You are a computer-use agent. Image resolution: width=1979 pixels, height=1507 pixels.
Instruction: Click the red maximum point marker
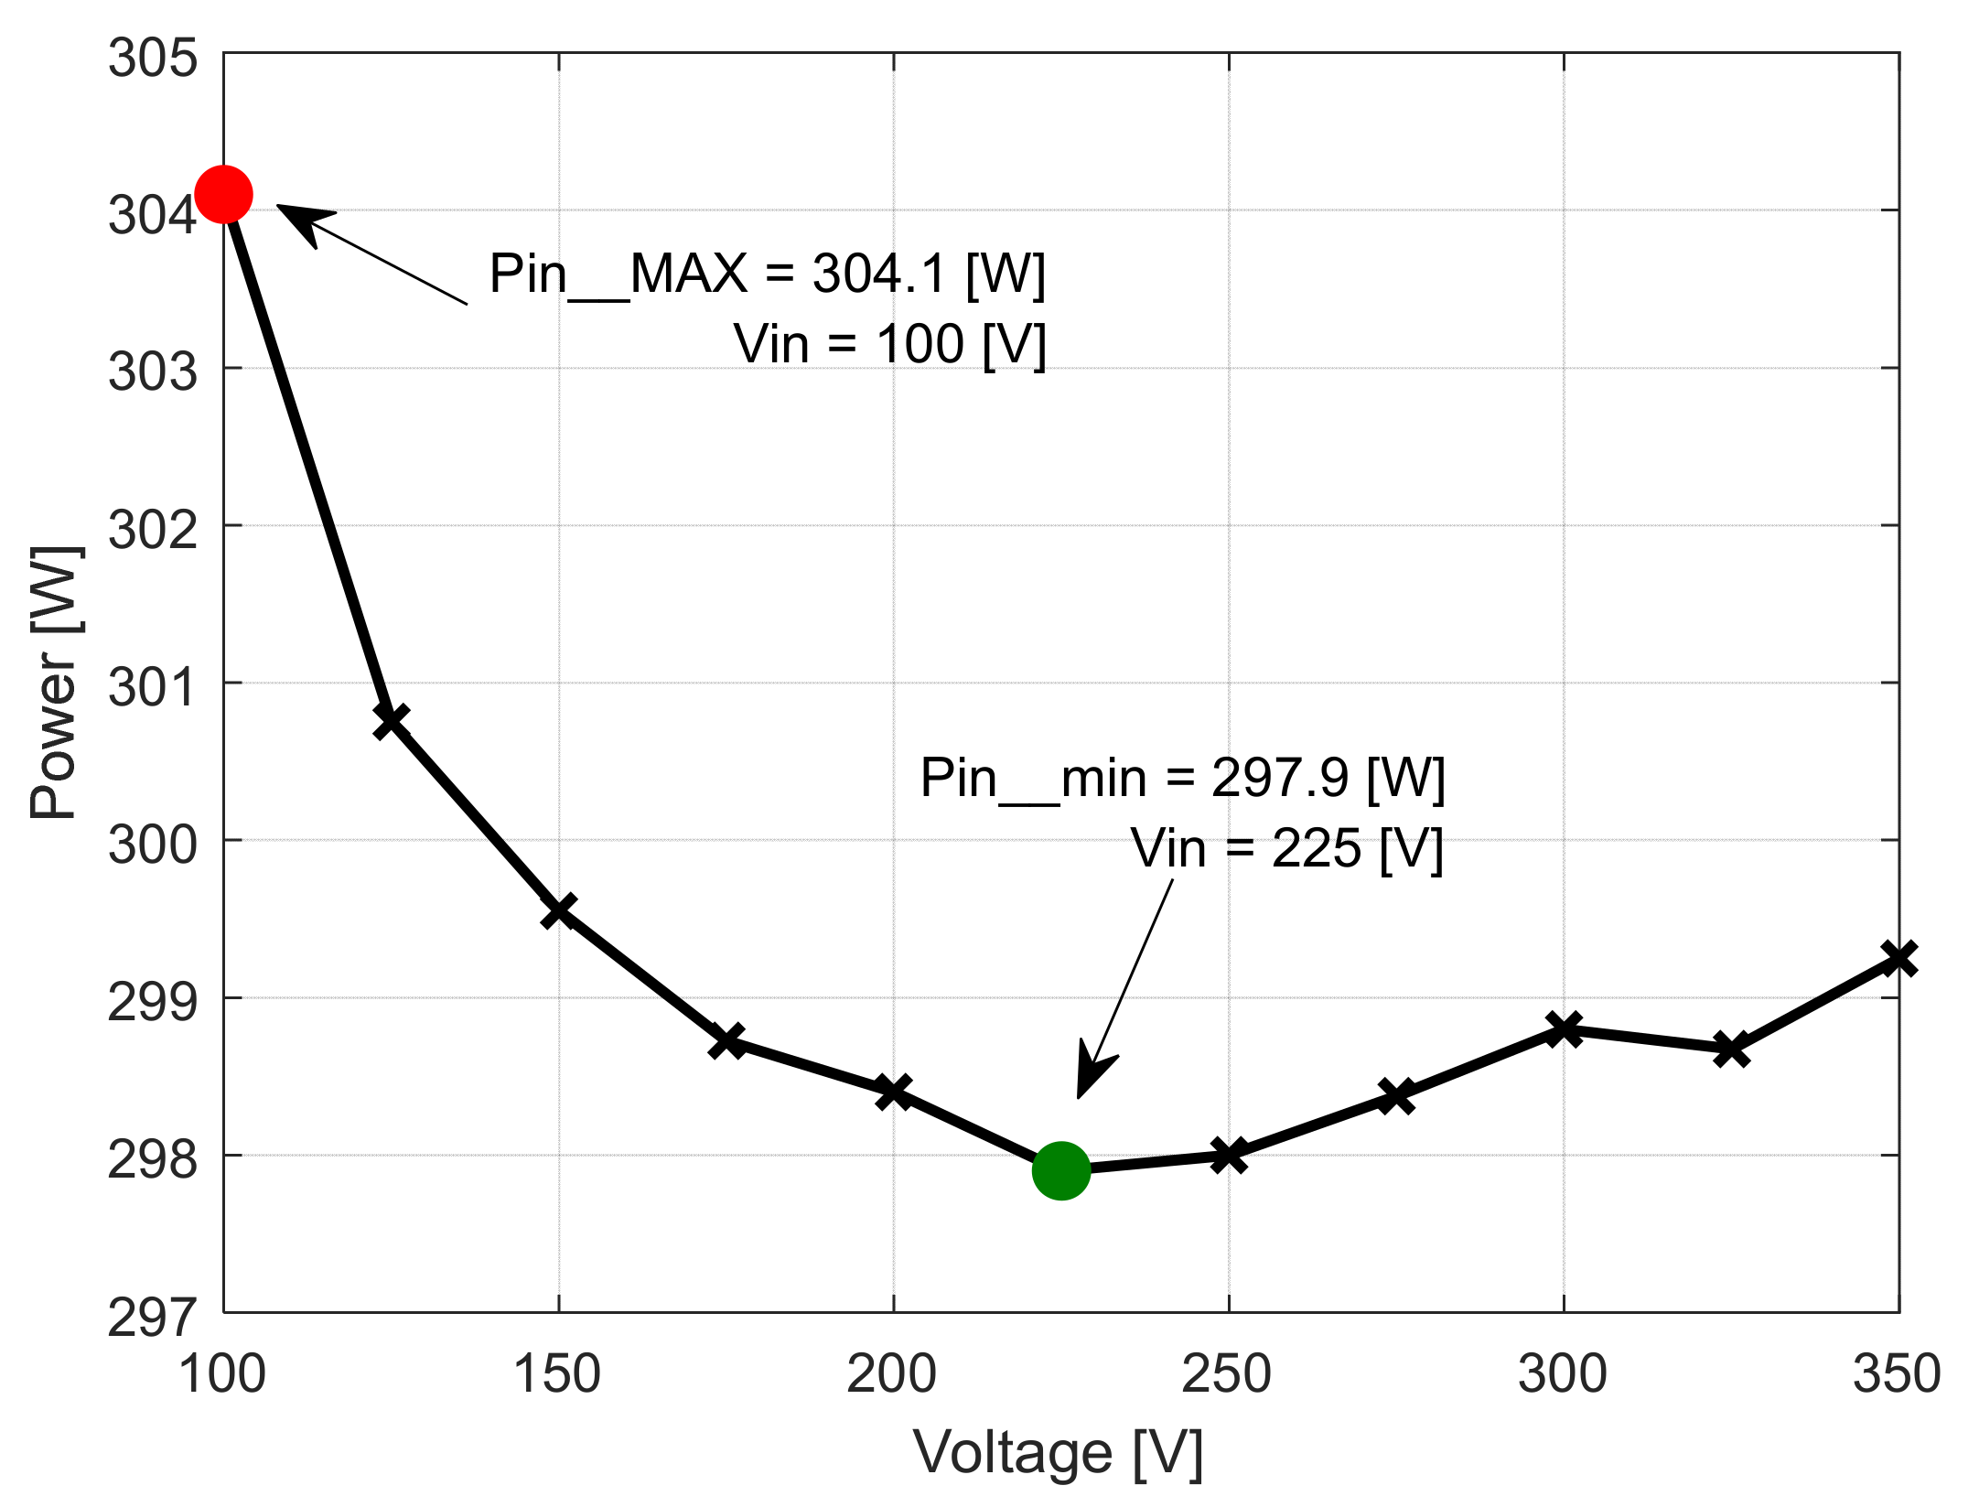(224, 194)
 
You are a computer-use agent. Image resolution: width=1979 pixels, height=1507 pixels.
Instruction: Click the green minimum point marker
(1061, 1170)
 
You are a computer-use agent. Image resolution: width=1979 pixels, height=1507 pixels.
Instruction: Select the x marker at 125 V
(392, 721)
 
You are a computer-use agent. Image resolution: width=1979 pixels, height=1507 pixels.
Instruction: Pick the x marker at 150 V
(559, 910)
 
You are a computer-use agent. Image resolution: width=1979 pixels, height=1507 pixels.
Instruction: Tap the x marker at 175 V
(727, 1041)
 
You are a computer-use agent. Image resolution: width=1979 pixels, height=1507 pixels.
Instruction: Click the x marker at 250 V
(1229, 1155)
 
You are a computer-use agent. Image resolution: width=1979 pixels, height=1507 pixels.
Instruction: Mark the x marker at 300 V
(1565, 1028)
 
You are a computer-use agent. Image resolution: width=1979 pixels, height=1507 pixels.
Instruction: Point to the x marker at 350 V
(1899, 958)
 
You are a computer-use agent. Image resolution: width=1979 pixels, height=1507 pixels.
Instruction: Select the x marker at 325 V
(1731, 1050)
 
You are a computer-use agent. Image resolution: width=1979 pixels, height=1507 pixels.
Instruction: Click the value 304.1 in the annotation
(878, 274)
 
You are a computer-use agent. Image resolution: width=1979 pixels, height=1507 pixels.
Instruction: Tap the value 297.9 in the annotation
(1279, 778)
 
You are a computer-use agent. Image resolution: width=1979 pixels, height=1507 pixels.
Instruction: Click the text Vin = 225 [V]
(1286, 849)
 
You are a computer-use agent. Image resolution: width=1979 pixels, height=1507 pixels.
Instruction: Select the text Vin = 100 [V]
(889, 345)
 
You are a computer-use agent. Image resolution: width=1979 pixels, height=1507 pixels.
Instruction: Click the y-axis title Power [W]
(55, 682)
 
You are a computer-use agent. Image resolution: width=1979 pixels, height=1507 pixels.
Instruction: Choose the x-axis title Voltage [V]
(1058, 1453)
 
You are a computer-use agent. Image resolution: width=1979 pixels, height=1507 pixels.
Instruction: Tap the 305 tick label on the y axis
(153, 58)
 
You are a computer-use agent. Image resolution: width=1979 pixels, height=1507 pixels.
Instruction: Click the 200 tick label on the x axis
(892, 1373)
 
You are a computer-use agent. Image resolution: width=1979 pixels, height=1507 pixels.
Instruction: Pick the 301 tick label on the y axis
(153, 686)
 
